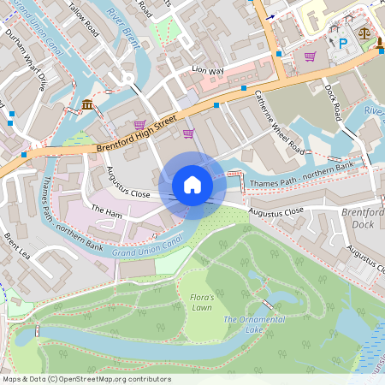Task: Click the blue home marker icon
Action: tap(192, 185)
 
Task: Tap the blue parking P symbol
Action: tap(344, 42)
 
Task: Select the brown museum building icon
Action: tap(89, 105)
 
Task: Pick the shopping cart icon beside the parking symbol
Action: tap(310, 56)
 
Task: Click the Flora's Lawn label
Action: tap(201, 301)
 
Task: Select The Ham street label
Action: tap(108, 210)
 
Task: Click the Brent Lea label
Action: tap(18, 246)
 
